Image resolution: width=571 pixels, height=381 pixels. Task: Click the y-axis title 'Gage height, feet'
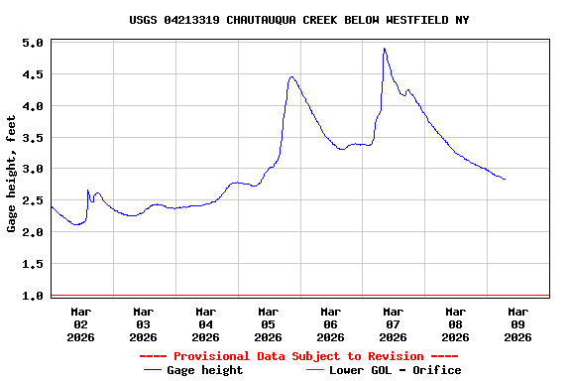pos(12,174)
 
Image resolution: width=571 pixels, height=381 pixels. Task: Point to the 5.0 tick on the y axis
pos(33,44)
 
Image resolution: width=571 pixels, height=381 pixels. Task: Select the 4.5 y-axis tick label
pos(33,74)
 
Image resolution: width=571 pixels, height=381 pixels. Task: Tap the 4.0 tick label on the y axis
pos(33,106)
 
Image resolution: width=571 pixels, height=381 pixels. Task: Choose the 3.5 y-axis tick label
pos(33,138)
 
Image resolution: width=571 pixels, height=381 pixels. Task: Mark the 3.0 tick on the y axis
pos(33,170)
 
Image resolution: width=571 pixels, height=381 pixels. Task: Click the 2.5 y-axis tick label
pos(33,201)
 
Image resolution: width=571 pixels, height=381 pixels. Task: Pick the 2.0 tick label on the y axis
pos(33,233)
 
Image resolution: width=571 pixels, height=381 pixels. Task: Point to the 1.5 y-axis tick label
pos(33,265)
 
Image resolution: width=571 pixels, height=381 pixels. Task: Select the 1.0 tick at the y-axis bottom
pos(33,296)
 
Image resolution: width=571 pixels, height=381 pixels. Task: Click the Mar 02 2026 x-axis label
pos(81,323)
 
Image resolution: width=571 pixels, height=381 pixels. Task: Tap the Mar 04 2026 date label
pos(206,323)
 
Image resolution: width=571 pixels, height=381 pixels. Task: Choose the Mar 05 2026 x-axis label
pos(268,323)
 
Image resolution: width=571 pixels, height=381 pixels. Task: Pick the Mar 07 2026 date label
pos(393,323)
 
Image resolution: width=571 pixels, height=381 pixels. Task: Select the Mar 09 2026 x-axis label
pos(517,323)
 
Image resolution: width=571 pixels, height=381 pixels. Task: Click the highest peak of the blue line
pos(384,49)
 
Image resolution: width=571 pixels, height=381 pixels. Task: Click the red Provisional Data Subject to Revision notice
pos(299,356)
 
